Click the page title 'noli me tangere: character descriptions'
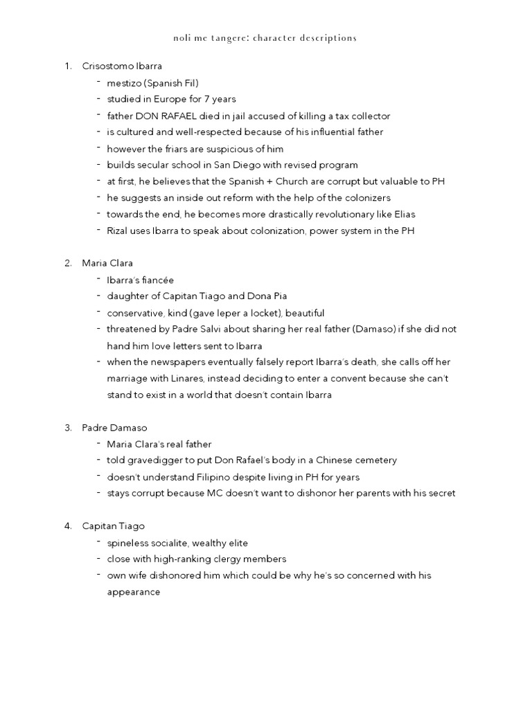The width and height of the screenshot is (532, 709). click(x=265, y=38)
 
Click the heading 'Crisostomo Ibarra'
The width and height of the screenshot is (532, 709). click(x=122, y=66)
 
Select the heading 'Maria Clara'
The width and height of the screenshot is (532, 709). click(x=107, y=263)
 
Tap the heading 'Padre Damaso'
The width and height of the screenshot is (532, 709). click(x=114, y=428)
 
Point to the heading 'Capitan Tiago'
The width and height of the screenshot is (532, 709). click(x=113, y=526)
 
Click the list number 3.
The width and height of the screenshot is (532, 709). click(x=68, y=428)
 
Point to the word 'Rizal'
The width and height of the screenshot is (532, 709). click(x=118, y=231)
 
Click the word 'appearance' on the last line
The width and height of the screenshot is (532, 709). click(x=134, y=592)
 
